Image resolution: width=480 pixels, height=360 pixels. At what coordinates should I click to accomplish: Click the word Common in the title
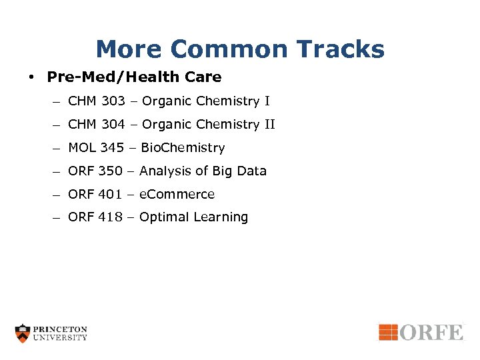pyautogui.click(x=225, y=49)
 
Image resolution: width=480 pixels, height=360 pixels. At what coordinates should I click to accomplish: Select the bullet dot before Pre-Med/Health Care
pyautogui.click(x=31, y=77)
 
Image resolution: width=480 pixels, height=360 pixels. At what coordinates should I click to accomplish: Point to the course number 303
pyautogui.click(x=113, y=101)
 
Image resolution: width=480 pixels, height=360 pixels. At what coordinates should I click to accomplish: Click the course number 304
pyautogui.click(x=113, y=125)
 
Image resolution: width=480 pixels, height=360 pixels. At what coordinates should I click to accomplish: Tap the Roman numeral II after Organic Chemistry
pyautogui.click(x=270, y=125)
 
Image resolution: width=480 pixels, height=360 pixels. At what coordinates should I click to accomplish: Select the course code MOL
pyautogui.click(x=82, y=148)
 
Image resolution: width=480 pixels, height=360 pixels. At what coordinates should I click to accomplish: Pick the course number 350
pyautogui.click(x=111, y=171)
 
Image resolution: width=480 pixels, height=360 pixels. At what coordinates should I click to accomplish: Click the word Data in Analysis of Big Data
pyautogui.click(x=251, y=171)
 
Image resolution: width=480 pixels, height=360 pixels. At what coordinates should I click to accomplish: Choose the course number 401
pyautogui.click(x=110, y=195)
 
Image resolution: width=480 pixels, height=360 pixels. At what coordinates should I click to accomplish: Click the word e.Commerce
pyautogui.click(x=177, y=195)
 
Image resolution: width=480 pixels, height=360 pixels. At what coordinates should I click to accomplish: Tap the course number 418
pyautogui.click(x=110, y=217)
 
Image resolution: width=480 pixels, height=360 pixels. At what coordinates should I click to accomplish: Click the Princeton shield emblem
pyautogui.click(x=23, y=333)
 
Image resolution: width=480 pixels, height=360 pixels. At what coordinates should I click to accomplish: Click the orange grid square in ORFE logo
pyautogui.click(x=388, y=331)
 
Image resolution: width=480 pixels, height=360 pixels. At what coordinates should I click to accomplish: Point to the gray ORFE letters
pyautogui.click(x=431, y=331)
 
